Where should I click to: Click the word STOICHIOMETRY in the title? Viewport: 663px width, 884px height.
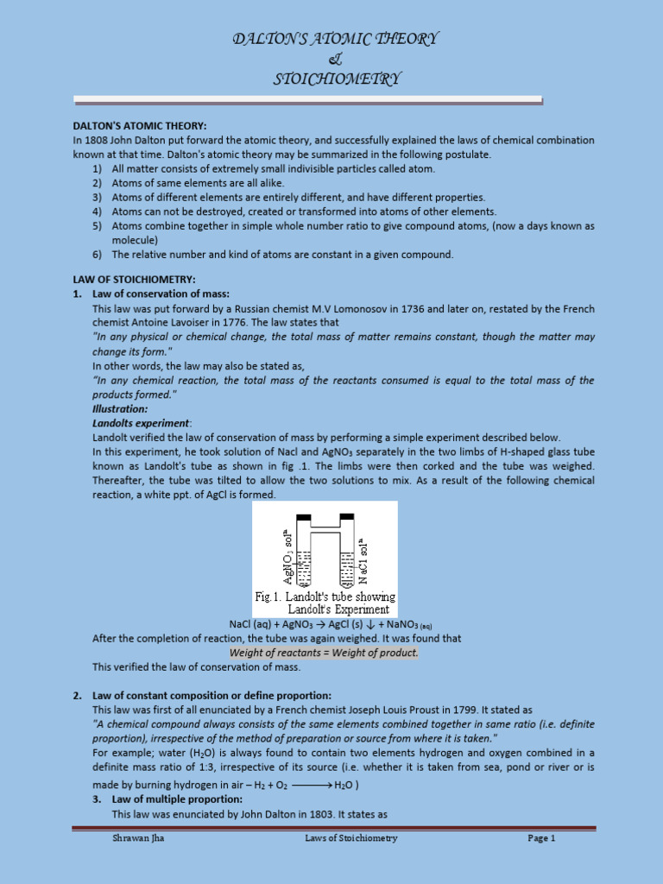point(338,79)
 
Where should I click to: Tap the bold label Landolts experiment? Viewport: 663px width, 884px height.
point(141,423)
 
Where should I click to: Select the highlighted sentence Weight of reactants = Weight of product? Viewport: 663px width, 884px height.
point(324,652)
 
